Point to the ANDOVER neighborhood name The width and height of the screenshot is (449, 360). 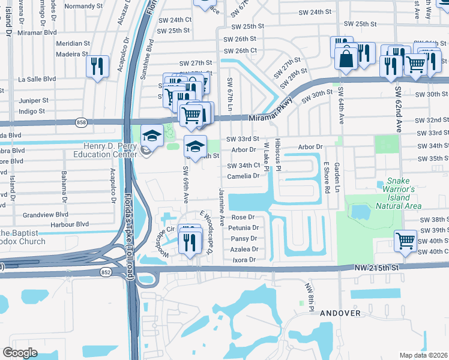[340, 313]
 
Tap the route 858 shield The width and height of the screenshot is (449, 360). [81, 122]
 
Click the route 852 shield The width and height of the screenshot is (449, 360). [105, 271]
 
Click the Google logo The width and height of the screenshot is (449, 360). [20, 352]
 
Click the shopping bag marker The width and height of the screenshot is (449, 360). [348, 59]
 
